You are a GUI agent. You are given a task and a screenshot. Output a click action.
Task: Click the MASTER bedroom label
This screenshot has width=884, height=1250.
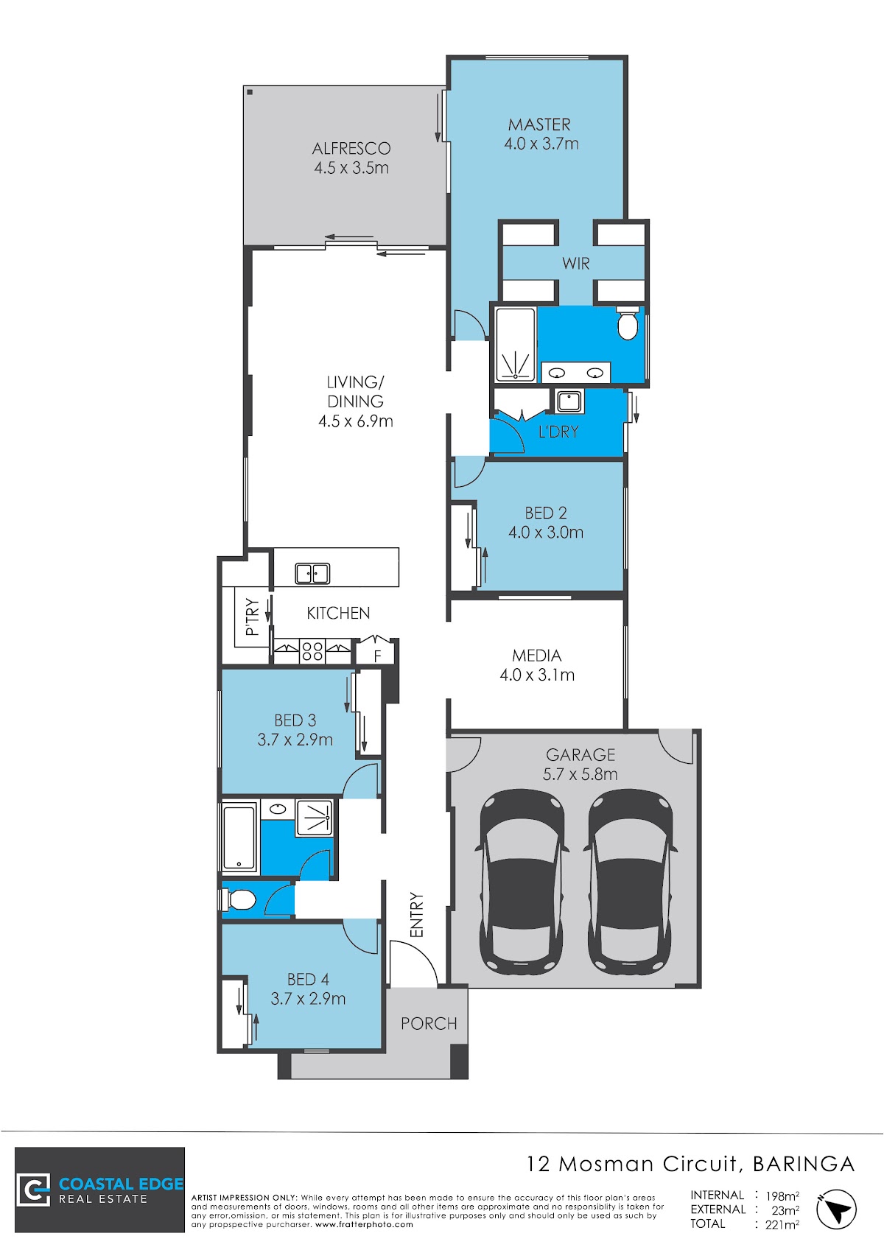539,124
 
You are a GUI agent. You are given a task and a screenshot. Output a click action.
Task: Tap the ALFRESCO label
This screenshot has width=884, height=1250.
351,149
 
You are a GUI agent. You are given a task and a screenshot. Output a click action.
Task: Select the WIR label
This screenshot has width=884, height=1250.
576,264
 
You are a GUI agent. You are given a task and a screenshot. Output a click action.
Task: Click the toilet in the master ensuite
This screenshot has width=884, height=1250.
628,323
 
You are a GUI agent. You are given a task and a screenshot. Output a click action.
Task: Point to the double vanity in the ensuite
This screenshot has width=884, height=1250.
576,372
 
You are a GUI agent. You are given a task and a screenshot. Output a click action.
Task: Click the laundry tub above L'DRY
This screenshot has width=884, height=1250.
567,401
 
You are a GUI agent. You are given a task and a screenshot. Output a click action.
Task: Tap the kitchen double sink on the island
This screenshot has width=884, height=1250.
312,574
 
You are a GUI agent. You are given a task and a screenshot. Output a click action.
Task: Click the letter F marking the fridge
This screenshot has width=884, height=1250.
377,656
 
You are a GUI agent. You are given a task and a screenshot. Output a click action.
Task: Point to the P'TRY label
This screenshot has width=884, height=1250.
252,617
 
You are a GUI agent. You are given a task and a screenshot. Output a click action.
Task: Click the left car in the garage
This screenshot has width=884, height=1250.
522,882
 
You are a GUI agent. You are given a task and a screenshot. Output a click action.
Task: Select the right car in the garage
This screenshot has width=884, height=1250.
630,882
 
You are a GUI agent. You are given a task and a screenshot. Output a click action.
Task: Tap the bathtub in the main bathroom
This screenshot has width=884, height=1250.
239,837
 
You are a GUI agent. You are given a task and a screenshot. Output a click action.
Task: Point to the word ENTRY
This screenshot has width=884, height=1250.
416,915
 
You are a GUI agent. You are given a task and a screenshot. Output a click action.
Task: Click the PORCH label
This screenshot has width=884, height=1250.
429,1023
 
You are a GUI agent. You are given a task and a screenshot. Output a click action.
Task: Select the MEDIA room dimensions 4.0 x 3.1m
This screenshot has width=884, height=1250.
537,675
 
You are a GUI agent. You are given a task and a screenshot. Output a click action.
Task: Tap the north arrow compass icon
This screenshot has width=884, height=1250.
836,1209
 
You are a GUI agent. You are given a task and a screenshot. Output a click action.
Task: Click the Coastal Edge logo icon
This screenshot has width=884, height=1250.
33,1191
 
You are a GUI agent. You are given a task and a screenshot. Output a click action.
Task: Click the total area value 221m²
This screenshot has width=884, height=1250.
782,1224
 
